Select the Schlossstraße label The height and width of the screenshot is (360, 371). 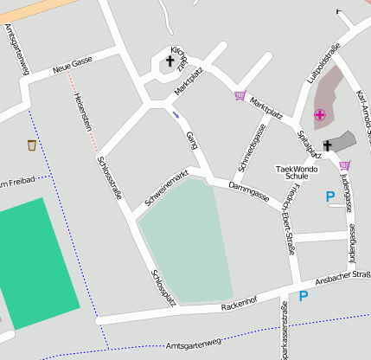[109, 177]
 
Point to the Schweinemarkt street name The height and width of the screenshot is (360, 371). [167, 188]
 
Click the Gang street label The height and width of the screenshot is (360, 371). [192, 139]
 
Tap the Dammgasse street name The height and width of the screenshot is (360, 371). [249, 191]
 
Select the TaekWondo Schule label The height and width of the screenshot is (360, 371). [297, 171]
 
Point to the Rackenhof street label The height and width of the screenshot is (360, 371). [240, 302]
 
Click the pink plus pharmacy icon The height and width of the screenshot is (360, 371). [320, 114]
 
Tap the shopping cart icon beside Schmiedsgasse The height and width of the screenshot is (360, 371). [240, 96]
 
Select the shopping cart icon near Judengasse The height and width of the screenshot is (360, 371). [345, 165]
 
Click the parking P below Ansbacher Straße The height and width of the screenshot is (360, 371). [304, 296]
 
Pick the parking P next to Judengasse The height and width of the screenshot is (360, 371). [330, 197]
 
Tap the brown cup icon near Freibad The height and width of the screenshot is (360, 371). [32, 145]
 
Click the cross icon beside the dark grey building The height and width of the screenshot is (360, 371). [328, 145]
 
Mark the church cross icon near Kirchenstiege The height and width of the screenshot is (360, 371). [170, 61]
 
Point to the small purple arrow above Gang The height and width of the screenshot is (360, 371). [176, 113]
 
